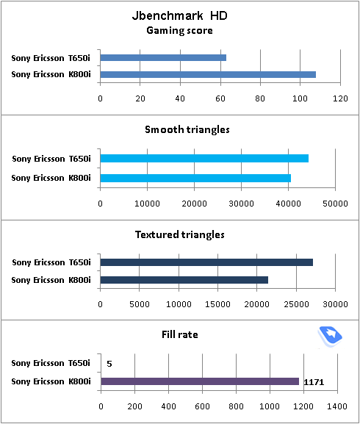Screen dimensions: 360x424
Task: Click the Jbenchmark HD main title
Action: point(180,15)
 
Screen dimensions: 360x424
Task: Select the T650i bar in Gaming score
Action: point(163,57)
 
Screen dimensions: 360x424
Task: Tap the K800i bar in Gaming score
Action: point(208,74)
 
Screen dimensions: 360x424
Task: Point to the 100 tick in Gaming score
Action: point(300,98)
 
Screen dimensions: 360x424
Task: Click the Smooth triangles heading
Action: point(187,129)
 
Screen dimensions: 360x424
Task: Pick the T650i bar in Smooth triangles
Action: point(204,158)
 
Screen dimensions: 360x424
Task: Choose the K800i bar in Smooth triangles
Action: point(195,179)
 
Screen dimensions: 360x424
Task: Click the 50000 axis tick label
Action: point(335,204)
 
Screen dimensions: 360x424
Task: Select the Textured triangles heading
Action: point(180,234)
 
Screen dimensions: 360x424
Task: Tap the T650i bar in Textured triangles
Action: point(206,262)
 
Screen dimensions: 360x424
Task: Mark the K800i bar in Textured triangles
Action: point(184,280)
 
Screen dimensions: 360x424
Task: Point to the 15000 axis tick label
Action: point(217,304)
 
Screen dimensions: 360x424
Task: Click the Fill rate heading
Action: point(180,334)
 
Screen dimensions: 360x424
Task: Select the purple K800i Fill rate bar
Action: point(200,381)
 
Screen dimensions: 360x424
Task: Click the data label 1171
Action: point(314,382)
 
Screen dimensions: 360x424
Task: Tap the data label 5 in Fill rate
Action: point(109,364)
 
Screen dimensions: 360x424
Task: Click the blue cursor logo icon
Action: point(330,336)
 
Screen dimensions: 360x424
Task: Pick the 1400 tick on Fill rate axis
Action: point(337,406)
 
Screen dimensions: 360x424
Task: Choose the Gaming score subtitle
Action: point(179,31)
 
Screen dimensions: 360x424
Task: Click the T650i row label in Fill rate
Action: point(51,363)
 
